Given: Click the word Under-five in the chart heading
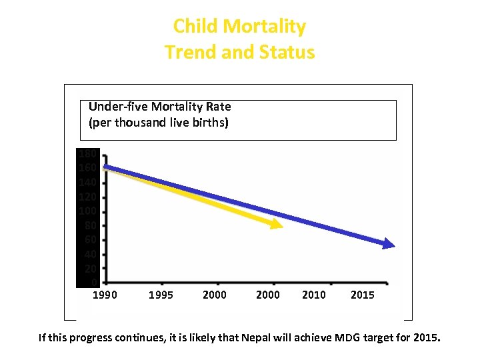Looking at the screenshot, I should click(x=117, y=107).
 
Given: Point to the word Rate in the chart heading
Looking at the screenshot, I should click(x=219, y=107).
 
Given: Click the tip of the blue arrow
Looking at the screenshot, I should click(x=393, y=246).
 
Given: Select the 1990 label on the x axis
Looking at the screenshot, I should click(x=104, y=295).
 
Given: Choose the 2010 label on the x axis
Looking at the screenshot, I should click(x=314, y=295).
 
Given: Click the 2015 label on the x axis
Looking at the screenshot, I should click(x=363, y=295).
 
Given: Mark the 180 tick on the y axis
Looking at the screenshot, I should click(x=87, y=154).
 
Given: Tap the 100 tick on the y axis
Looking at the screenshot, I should click(x=87, y=211).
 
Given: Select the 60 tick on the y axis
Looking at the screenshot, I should click(x=90, y=240).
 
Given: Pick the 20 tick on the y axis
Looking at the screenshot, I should click(x=90, y=269).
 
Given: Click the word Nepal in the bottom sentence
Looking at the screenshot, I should click(x=256, y=338).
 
